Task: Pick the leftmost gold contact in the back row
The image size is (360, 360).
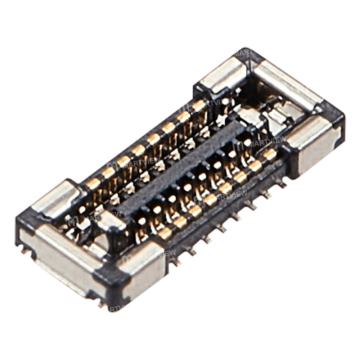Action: click(x=93, y=184)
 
